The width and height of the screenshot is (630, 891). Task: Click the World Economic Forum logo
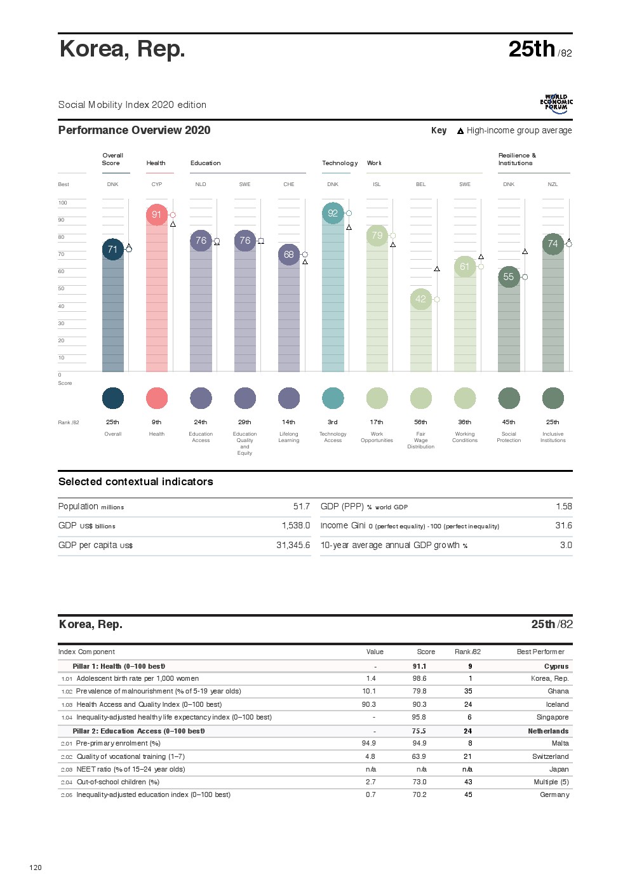point(556,104)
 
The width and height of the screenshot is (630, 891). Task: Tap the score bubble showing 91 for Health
point(156,215)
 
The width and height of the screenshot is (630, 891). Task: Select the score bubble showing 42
point(420,299)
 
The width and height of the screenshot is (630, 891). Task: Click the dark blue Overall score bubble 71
point(112,249)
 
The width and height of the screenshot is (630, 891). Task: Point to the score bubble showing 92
point(333,213)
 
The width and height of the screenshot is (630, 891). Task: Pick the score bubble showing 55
point(509,277)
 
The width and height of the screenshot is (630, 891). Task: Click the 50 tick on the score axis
point(62,288)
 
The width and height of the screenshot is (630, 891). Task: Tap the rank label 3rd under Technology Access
point(333,422)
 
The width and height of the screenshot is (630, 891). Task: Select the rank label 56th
point(420,422)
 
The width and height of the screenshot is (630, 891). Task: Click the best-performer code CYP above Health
point(157,184)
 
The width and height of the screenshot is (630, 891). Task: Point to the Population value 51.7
point(301,506)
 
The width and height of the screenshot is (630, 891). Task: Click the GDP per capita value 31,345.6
point(293,545)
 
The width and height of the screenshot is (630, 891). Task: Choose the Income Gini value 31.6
point(563,525)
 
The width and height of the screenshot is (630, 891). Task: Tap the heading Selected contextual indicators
point(136,481)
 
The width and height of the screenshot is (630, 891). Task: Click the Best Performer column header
point(540,652)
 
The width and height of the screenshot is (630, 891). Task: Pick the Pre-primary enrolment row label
point(118,743)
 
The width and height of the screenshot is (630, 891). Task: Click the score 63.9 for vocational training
point(419,756)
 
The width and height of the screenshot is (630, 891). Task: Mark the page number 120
point(36,868)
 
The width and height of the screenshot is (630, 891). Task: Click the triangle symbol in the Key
point(460,131)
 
